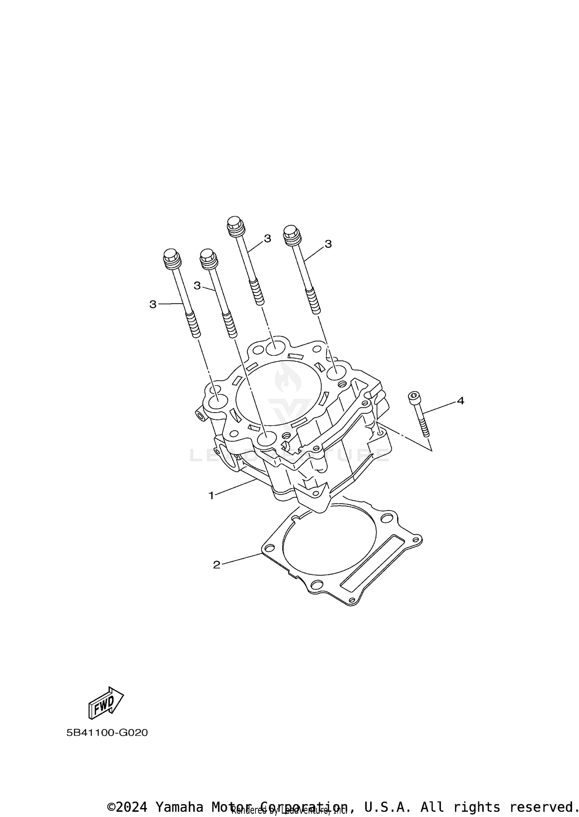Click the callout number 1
[211, 495]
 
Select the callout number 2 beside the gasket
[217, 565]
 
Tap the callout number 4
[460, 401]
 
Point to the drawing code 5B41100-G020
[107, 732]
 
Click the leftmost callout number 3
[153, 304]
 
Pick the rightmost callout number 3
[328, 244]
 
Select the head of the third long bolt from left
[235, 225]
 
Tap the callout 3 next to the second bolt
[197, 285]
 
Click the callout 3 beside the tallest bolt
[267, 238]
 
